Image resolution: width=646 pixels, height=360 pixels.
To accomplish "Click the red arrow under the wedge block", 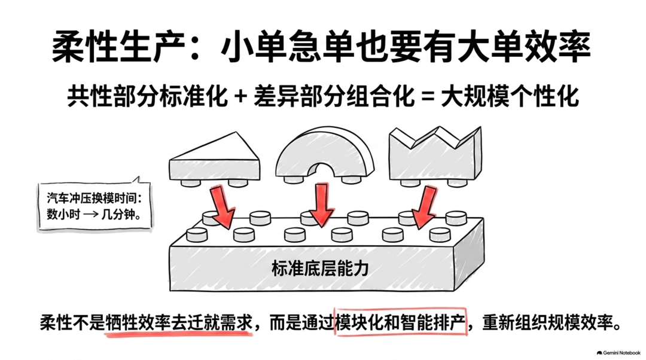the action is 223,206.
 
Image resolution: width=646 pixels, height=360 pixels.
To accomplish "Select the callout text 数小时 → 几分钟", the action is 93,215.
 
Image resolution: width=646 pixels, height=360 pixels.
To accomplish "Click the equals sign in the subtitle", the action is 428,97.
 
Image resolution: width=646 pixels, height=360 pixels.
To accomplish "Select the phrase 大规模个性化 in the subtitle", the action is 510,97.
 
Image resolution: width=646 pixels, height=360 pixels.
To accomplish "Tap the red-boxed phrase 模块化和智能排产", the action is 400,322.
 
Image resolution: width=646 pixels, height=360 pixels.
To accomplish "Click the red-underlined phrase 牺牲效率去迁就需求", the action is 178,322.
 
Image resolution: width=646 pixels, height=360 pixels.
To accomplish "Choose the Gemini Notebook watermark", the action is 618,353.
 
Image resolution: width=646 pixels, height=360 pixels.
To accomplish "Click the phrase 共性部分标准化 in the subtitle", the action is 148,97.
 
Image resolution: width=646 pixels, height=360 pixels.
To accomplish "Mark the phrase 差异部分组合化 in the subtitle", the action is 334,97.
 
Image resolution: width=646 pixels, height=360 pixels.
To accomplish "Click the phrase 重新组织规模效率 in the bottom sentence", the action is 547,322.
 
